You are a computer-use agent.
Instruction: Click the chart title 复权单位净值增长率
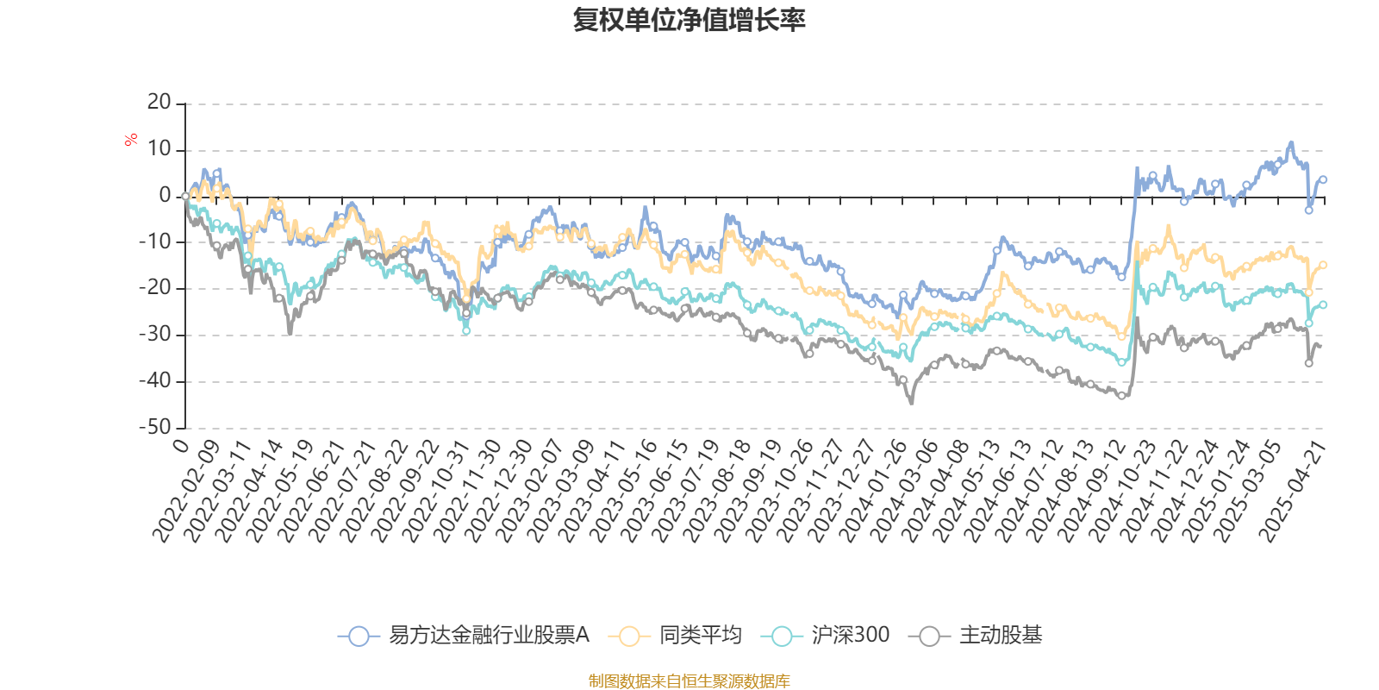click(x=689, y=20)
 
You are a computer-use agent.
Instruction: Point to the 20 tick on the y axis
click(x=159, y=103)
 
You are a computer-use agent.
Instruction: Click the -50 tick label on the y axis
click(x=154, y=427)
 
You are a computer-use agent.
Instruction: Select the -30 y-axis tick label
click(x=154, y=335)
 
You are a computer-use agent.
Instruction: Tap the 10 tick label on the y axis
click(x=159, y=149)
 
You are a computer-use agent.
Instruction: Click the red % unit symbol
click(x=131, y=140)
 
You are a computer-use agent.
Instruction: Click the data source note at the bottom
click(x=689, y=681)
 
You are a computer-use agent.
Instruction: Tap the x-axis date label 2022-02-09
click(x=187, y=490)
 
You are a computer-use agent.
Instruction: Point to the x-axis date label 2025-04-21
click(x=1293, y=490)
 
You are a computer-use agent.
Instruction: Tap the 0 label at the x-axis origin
click(x=181, y=445)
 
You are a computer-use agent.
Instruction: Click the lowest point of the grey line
click(x=911, y=403)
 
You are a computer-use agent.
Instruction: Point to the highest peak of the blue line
click(x=1290, y=142)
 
